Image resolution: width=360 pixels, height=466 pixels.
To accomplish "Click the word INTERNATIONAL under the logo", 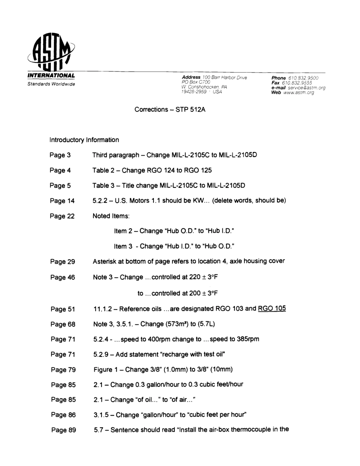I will pyautogui.click(x=51, y=76).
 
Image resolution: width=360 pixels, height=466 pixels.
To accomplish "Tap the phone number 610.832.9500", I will pyautogui.click(x=304, y=78).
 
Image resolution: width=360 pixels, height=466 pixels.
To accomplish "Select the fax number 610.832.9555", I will pyautogui.click(x=296, y=83).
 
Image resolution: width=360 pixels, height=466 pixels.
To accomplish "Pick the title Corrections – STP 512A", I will pyautogui.click(x=170, y=109).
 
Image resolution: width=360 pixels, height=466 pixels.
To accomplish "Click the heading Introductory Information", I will pyautogui.click(x=84, y=140).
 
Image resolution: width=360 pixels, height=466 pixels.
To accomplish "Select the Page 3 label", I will pyautogui.click(x=60, y=155).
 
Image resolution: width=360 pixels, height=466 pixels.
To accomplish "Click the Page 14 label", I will pyautogui.click(x=62, y=201).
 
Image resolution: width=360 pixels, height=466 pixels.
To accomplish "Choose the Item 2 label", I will pyautogui.click(x=123, y=231).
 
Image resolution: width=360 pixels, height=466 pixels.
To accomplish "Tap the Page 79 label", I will pyautogui.click(x=63, y=370).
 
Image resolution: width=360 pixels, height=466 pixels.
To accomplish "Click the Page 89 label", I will pyautogui.click(x=63, y=430).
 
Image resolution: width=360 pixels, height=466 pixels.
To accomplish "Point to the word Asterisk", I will pyautogui.click(x=105, y=261).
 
